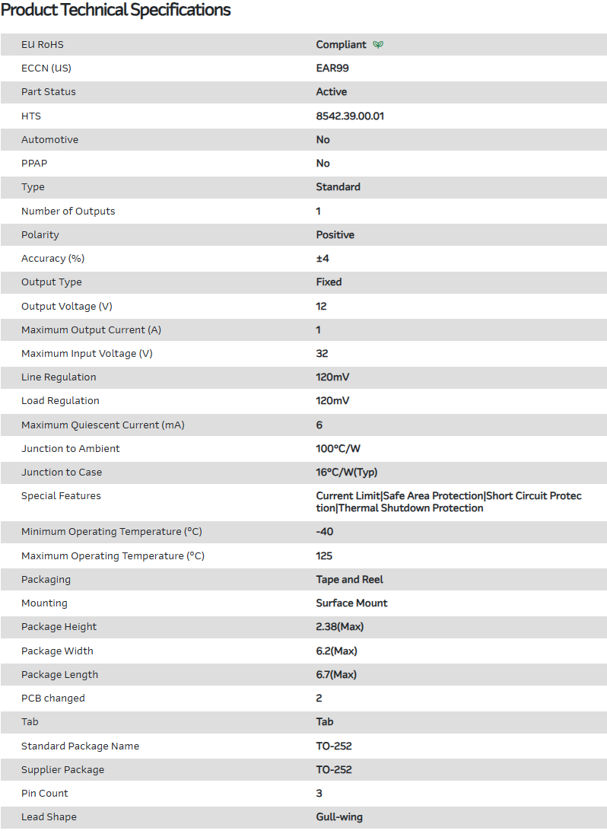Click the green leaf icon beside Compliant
(x=378, y=45)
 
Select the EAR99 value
(x=332, y=68)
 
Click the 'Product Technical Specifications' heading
(x=116, y=11)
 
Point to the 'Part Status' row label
(x=49, y=92)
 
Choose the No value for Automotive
(x=323, y=140)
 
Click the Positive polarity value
(x=335, y=235)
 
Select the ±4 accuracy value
(x=323, y=259)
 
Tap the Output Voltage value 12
(x=321, y=307)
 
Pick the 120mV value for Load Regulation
(x=333, y=401)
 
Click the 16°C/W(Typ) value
(x=347, y=473)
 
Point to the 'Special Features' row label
(x=61, y=496)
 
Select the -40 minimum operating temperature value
(x=325, y=532)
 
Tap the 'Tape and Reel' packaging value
(x=350, y=580)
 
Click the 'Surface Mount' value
(x=352, y=603)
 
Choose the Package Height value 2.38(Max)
(x=340, y=627)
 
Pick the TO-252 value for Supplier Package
(x=334, y=770)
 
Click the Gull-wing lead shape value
(x=339, y=817)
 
